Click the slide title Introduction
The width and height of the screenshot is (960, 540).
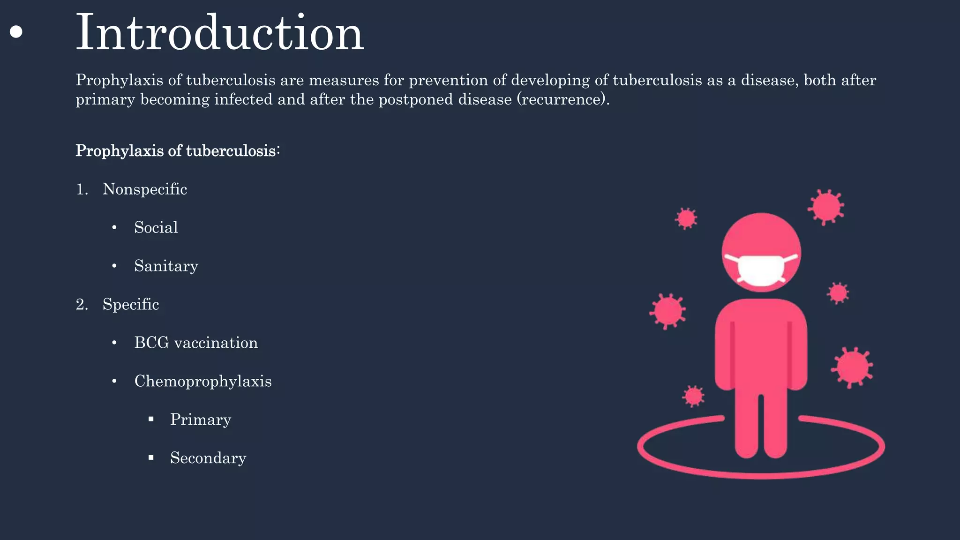coord(219,33)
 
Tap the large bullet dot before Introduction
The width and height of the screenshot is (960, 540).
coord(16,32)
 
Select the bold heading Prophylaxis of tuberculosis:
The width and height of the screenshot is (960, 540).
coord(177,151)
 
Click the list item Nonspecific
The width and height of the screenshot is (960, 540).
coord(145,189)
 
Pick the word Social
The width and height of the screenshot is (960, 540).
coord(156,227)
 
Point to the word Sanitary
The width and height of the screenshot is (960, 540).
coord(166,266)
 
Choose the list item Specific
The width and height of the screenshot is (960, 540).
coord(131,304)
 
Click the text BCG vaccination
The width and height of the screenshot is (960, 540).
coord(196,343)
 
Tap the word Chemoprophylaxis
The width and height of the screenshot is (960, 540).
coord(203,381)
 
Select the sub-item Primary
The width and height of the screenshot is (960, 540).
coord(201,420)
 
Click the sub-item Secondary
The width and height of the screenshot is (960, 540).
coord(208,458)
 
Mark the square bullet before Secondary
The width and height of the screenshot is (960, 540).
coord(151,458)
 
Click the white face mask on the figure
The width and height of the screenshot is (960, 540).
coord(761,270)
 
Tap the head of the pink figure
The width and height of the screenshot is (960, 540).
coord(761,234)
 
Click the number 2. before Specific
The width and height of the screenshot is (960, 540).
coord(82,305)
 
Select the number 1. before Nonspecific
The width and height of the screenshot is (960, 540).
coord(82,189)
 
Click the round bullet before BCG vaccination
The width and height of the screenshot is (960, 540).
coord(114,343)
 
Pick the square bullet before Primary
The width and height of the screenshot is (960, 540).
coord(151,420)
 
